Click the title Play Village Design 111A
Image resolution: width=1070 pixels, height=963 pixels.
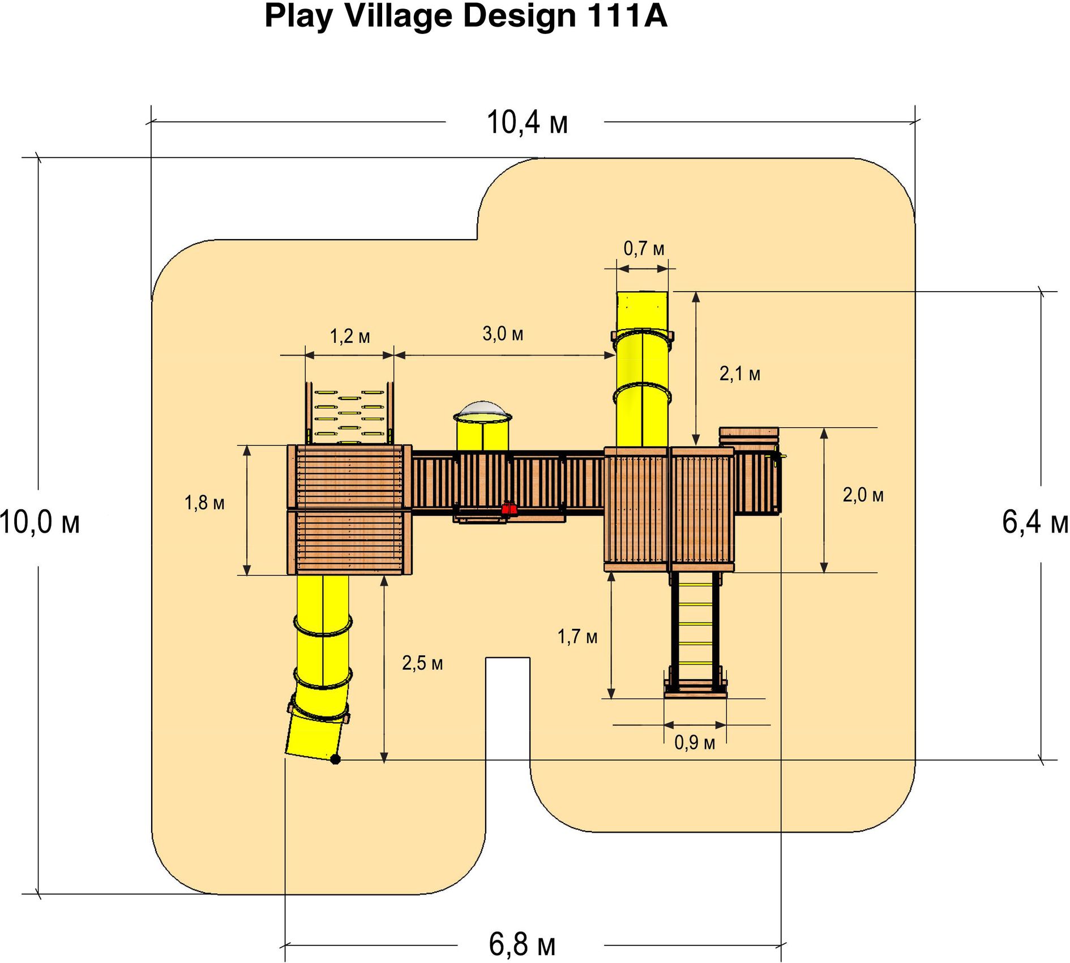[x=465, y=16]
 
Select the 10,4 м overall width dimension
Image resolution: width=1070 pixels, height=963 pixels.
[x=527, y=122]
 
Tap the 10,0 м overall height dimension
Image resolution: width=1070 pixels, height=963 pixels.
[x=40, y=522]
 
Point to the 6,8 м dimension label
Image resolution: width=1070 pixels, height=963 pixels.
[x=522, y=944]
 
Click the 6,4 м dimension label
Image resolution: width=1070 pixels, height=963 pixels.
[x=1035, y=522]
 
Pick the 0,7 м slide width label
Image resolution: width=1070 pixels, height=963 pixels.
[x=644, y=248]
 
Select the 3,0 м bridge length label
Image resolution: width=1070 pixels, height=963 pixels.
[x=503, y=334]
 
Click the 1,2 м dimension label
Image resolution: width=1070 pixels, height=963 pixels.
[x=350, y=336]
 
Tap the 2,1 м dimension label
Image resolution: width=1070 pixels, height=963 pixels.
[x=739, y=374]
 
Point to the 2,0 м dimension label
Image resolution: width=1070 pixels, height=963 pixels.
[x=863, y=495]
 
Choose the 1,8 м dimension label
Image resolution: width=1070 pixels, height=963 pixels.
[x=204, y=503]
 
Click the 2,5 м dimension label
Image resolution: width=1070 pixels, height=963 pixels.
[x=422, y=663]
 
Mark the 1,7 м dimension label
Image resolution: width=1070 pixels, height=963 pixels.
[x=577, y=637]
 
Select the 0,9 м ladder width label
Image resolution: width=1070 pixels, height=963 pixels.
[x=695, y=743]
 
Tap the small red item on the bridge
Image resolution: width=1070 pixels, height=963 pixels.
[x=509, y=508]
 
